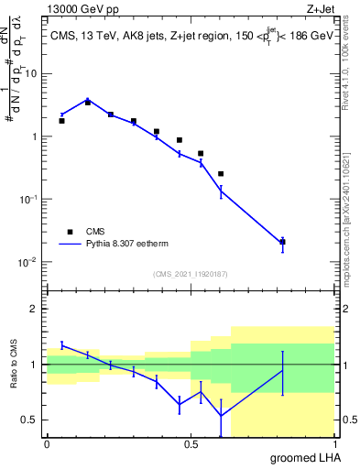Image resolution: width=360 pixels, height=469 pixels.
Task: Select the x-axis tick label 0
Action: pyautogui.click(x=47, y=444)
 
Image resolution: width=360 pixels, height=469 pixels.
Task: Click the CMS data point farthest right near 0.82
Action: pyautogui.click(x=283, y=242)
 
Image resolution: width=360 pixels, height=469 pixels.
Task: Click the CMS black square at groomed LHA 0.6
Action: pyautogui.click(x=221, y=173)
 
